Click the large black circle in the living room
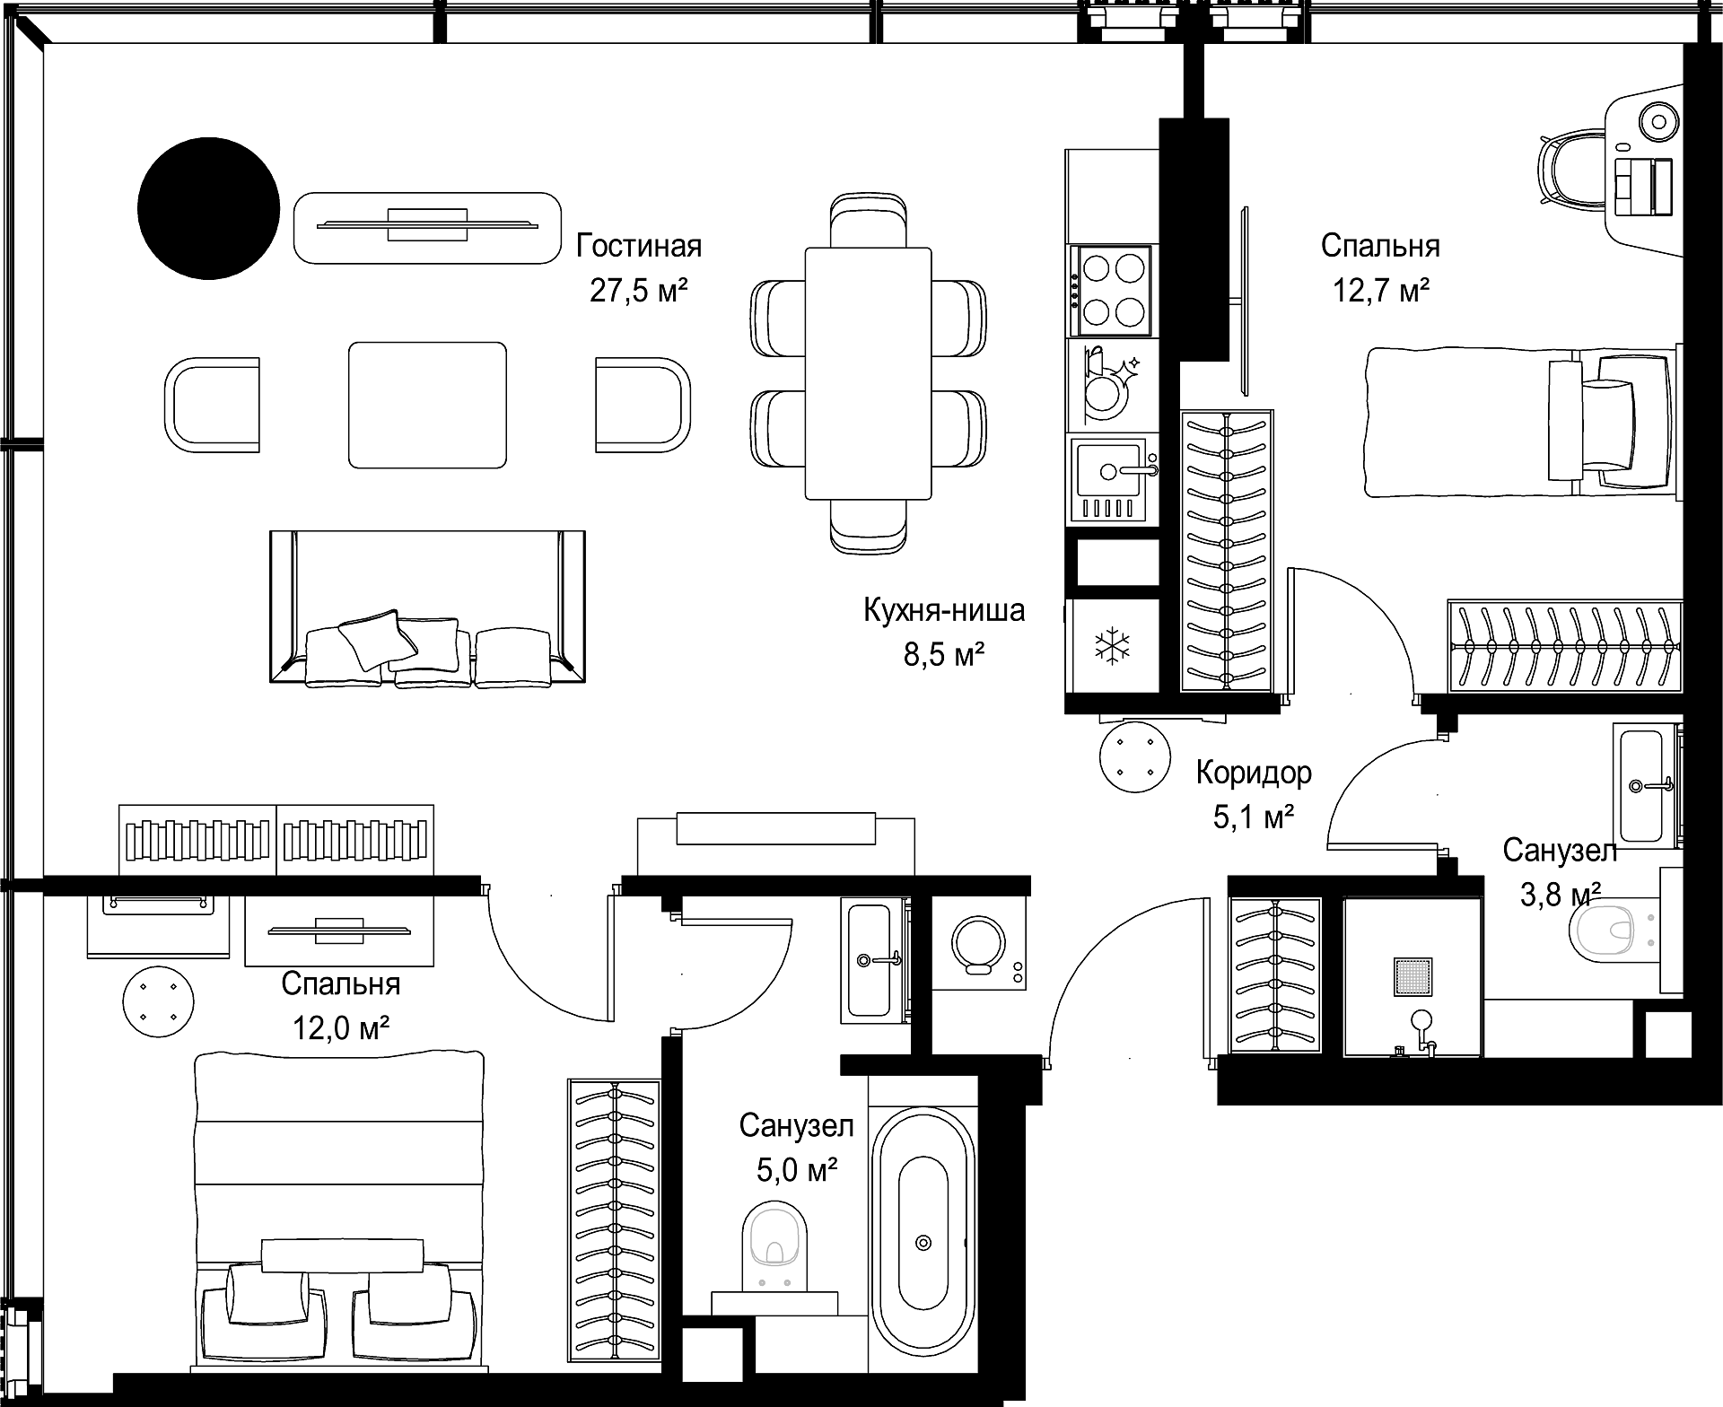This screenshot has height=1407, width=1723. point(208,208)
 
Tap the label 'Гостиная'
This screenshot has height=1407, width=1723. point(639,246)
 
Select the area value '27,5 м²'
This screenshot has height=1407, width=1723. point(639,291)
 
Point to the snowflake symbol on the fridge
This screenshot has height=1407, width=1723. point(1111,646)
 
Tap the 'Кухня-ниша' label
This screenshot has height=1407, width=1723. point(944,610)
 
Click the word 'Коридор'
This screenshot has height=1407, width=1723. point(1254,772)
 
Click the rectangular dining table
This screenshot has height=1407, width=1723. point(868,372)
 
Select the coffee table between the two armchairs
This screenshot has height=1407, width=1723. point(427,405)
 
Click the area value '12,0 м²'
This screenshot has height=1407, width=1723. point(341,1027)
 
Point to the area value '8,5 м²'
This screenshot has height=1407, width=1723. point(944,655)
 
